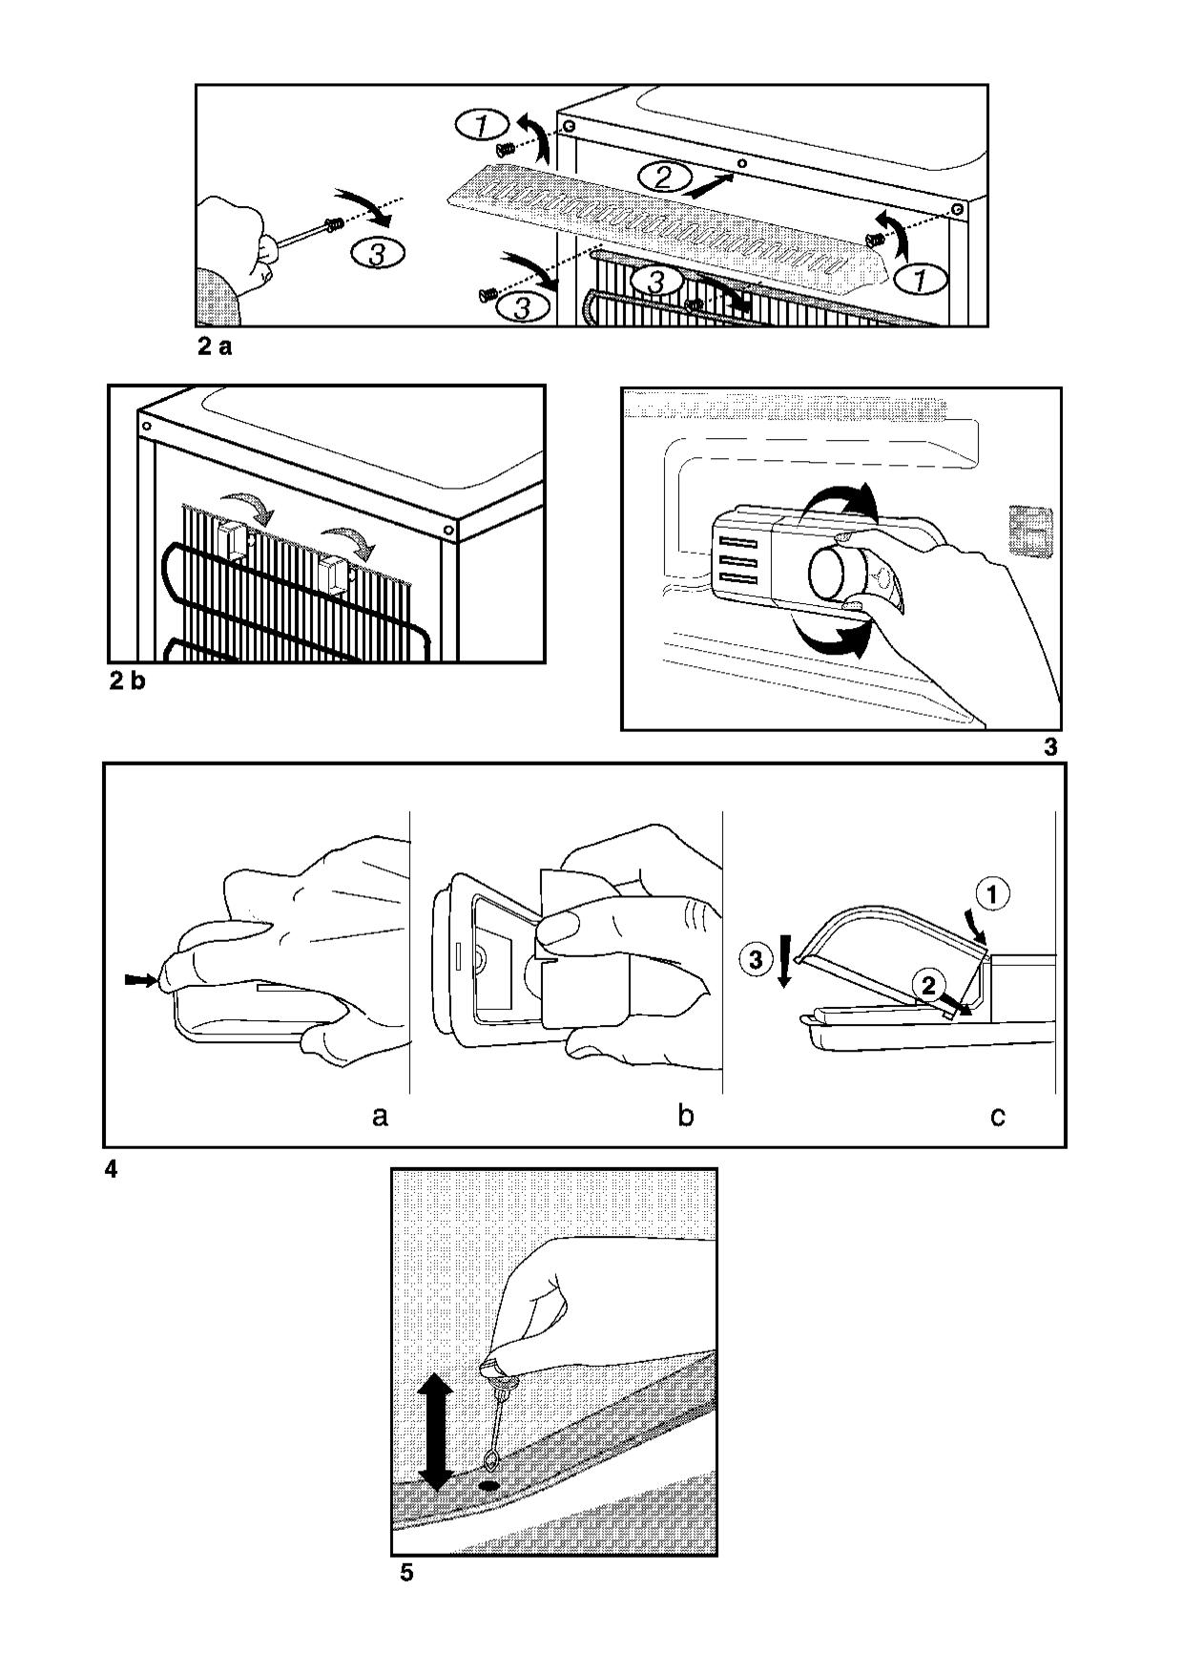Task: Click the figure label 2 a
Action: [215, 347]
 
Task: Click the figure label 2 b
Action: [127, 682]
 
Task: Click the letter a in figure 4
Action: [380, 1115]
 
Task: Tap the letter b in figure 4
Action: [685, 1113]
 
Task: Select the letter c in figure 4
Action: [997, 1115]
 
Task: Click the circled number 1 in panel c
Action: [992, 894]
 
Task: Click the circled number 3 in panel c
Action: [756, 960]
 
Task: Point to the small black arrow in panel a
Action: [139, 979]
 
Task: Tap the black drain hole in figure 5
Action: [489, 1486]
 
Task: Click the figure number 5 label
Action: [406, 1573]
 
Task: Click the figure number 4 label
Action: [111, 1169]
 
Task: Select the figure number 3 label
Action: [1050, 747]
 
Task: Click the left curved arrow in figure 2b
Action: [246, 507]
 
